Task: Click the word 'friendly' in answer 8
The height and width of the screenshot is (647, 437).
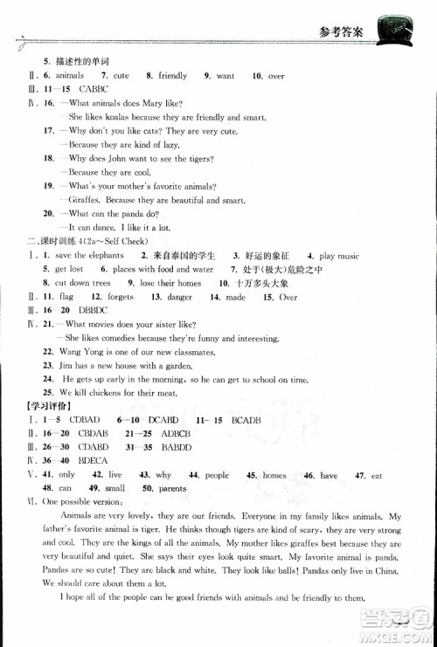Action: (x=172, y=77)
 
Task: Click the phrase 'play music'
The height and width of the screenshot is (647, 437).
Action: (x=339, y=257)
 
